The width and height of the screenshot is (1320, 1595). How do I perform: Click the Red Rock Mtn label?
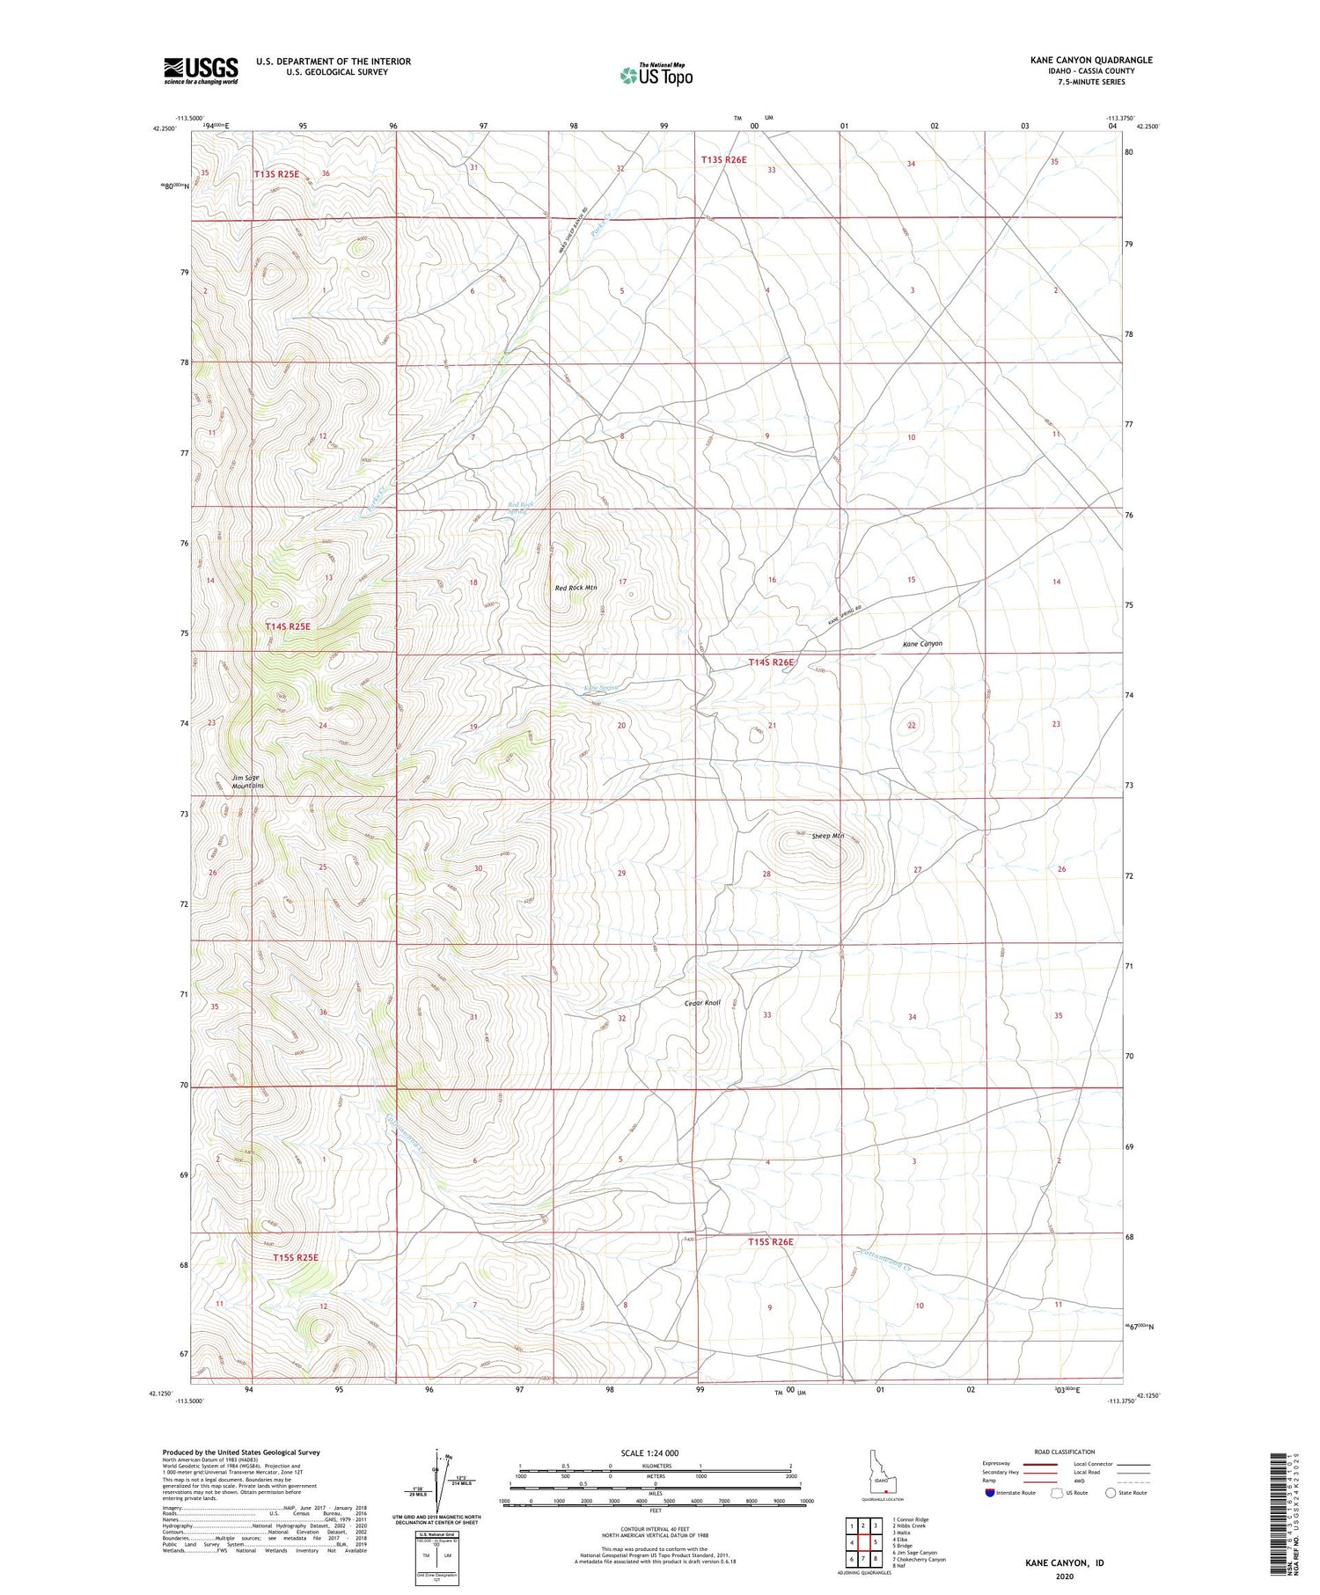(x=576, y=588)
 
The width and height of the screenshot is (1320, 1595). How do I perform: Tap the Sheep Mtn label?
(x=827, y=836)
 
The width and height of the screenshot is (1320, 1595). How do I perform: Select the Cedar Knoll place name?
(x=702, y=1002)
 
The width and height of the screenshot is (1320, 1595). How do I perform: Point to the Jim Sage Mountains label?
(x=247, y=781)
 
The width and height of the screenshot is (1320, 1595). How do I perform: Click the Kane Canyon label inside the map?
(x=922, y=644)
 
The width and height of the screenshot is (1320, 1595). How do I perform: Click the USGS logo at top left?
(x=201, y=70)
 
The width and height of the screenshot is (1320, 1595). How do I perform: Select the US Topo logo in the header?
(x=656, y=76)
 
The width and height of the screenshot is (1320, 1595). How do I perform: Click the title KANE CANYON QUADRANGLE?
(x=1079, y=60)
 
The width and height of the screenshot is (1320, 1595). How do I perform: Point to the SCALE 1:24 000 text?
(x=655, y=1452)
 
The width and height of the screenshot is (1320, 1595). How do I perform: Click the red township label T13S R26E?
(x=723, y=159)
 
